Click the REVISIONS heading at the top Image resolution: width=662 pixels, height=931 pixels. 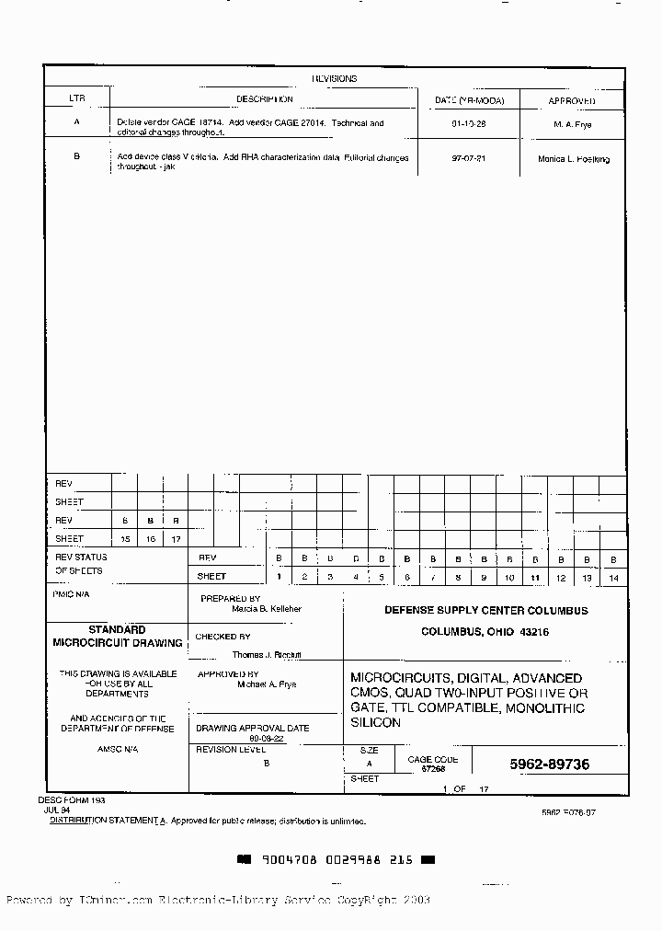(x=334, y=79)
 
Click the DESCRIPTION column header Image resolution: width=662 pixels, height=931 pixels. (x=264, y=99)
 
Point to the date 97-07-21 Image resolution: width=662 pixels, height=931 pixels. (x=468, y=158)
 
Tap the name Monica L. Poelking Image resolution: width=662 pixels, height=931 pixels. (x=574, y=159)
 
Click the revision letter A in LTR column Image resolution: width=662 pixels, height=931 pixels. (x=76, y=122)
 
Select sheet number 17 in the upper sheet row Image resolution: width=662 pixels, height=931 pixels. (x=176, y=539)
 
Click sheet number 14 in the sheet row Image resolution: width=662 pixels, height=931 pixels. (x=613, y=578)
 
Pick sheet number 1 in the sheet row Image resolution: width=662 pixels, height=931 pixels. (x=279, y=577)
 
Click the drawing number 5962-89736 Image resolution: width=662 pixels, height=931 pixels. (x=550, y=764)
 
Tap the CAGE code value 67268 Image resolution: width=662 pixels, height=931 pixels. (x=433, y=768)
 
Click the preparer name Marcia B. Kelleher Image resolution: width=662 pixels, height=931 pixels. (x=267, y=609)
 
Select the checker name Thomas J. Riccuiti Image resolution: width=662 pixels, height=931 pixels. (x=267, y=655)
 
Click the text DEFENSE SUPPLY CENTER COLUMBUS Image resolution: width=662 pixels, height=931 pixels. (x=485, y=611)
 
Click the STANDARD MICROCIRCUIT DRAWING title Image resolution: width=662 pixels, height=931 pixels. (x=117, y=636)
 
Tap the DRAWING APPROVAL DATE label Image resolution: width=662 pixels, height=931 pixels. (x=253, y=728)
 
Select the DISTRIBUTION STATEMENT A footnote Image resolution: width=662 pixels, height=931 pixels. (x=108, y=820)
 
